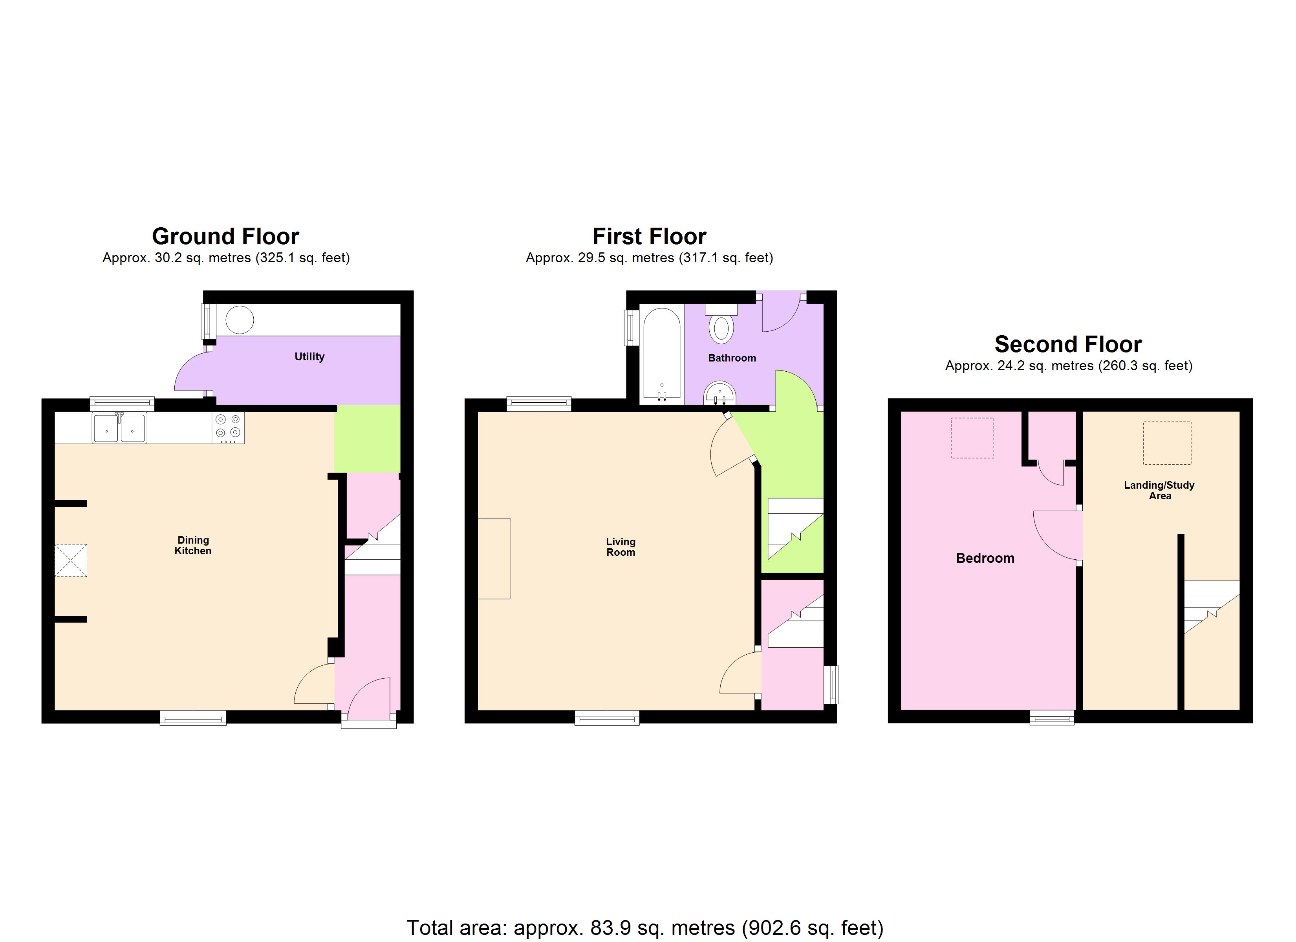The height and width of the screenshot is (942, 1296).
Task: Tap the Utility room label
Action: tap(309, 356)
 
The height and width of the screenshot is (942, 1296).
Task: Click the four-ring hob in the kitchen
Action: tap(228, 428)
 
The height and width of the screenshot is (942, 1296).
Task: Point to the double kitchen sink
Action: tap(119, 428)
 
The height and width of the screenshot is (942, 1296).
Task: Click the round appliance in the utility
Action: tap(240, 320)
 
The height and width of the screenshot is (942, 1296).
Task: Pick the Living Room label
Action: tap(621, 547)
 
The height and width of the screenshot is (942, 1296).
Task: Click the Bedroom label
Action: tap(985, 558)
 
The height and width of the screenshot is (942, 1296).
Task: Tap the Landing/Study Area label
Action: tap(1159, 490)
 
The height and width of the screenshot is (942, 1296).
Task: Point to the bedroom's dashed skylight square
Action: tap(972, 438)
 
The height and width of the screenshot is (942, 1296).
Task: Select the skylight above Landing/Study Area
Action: tap(1167, 443)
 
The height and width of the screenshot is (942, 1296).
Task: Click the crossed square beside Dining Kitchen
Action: tap(71, 560)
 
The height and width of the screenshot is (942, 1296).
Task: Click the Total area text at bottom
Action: tap(644, 928)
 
